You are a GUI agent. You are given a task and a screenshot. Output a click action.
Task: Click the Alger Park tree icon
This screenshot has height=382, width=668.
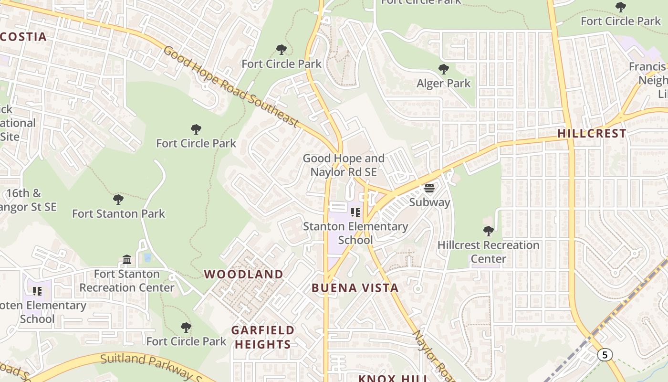coord(444,69)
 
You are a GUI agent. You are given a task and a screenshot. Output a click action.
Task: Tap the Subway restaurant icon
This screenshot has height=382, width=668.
coord(429,188)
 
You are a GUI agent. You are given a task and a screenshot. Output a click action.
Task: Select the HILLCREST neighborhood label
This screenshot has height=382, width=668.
coord(592,133)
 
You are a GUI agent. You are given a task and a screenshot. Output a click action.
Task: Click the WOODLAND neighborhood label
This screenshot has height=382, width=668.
coord(244,274)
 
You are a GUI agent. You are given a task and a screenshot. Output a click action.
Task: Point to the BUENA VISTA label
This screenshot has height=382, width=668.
coord(355,288)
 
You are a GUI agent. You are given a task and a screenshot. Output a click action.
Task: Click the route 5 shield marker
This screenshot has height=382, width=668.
coord(605,355)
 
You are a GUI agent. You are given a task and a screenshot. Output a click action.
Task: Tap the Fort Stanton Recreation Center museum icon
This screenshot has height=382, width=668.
coord(127,260)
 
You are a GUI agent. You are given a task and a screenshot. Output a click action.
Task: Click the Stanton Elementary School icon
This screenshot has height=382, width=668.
coord(355,212)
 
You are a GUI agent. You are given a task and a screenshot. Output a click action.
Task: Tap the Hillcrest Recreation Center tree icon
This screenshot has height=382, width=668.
coord(488,231)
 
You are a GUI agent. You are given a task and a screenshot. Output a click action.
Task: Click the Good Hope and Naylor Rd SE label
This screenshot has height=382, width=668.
coord(344,165)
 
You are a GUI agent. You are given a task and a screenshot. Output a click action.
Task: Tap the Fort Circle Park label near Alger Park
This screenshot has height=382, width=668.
coord(421,2)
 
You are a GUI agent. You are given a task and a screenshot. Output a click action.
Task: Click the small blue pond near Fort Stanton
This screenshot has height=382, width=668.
coord(147,258)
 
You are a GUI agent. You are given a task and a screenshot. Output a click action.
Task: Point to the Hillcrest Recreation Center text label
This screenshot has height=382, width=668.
coord(488,252)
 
